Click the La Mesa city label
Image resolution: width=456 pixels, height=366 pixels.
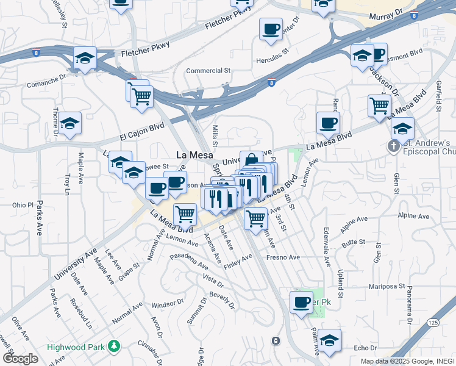point(194,155)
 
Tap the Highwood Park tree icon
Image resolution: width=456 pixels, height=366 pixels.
point(113,346)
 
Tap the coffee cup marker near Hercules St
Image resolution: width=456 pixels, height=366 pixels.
point(270,29)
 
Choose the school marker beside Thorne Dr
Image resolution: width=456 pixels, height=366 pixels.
point(70,124)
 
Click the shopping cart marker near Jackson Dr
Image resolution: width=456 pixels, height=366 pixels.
point(379,106)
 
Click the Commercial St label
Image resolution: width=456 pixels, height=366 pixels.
point(208,71)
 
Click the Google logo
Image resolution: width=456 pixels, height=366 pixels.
point(20,359)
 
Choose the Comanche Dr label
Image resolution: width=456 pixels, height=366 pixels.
point(46,79)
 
